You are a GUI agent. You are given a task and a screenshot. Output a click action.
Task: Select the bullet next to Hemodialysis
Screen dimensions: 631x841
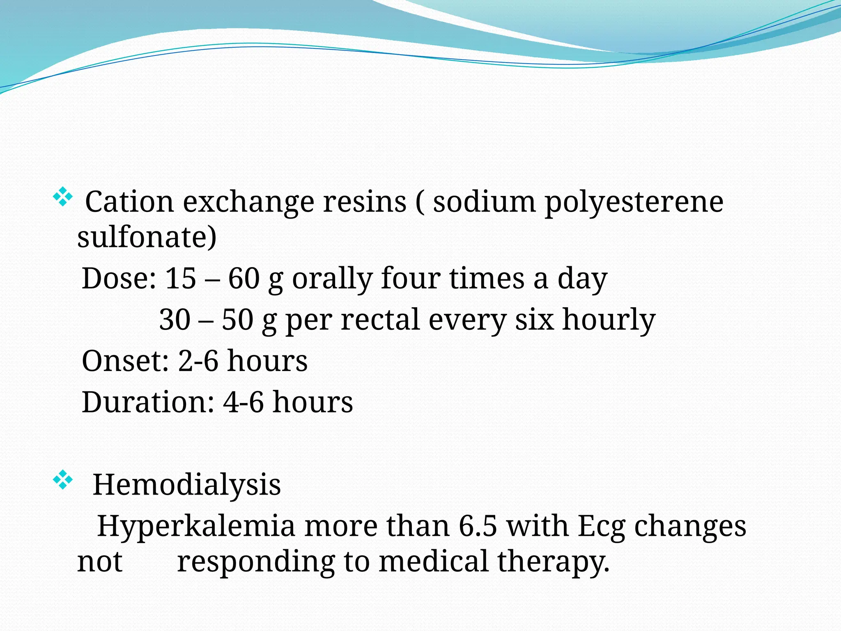click(62, 480)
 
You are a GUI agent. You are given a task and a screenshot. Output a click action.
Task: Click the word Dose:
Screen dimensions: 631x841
click(119, 279)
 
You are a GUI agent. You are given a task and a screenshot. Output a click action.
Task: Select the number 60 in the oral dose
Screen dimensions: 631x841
click(244, 279)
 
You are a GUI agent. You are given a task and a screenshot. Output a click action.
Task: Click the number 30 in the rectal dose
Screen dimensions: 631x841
click(175, 320)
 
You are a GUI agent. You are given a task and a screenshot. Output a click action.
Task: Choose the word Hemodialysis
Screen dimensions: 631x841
click(187, 485)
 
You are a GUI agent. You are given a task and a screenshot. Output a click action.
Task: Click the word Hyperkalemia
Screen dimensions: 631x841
click(196, 526)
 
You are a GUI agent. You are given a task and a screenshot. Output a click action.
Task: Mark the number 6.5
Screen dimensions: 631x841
click(478, 526)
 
